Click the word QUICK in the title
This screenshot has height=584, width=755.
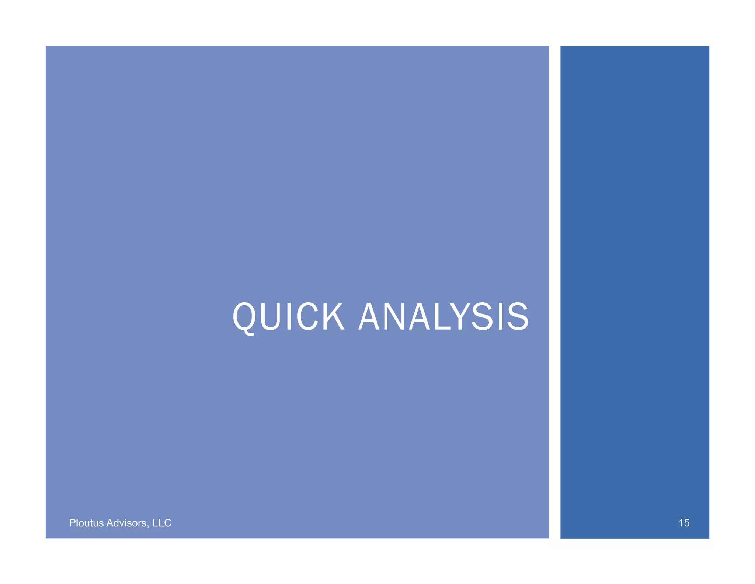tap(288, 317)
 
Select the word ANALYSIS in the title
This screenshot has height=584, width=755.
tap(443, 317)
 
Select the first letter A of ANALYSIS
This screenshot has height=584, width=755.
tap(370, 317)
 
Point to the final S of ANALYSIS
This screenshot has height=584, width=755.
tap(518, 317)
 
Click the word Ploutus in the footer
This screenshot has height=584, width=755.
tap(86, 523)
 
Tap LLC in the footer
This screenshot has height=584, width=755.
tap(162, 523)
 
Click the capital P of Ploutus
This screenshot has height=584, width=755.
tap(72, 523)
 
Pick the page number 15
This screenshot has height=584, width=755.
tap(684, 523)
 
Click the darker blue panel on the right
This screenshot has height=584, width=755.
tap(634, 258)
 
